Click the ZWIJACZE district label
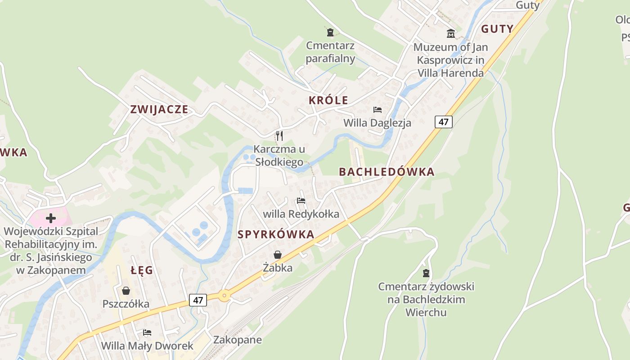tap(159, 109)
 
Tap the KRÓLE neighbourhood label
tap(328, 100)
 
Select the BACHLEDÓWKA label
tap(387, 172)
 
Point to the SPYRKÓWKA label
tap(276, 234)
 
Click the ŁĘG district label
tap(142, 270)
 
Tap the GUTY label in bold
tap(497, 29)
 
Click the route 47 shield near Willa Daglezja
tap(443, 121)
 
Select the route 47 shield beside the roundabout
tap(198, 300)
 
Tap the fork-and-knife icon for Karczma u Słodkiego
tap(279, 135)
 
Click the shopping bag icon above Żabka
tap(278, 255)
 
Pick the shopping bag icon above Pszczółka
tap(126, 291)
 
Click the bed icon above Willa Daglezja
tap(377, 110)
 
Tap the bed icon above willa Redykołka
tap(301, 201)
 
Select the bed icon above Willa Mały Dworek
tap(147, 333)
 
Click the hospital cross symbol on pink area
tap(51, 218)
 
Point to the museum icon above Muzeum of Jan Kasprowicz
tap(450, 33)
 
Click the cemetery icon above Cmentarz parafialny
tap(330, 32)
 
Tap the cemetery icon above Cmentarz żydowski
tap(426, 273)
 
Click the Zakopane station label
tap(237, 339)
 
